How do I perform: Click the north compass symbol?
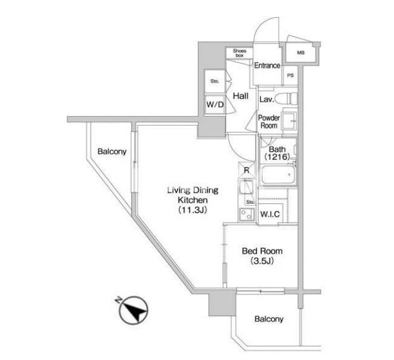[133, 310]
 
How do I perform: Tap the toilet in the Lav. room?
[286, 99]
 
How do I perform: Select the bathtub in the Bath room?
[278, 175]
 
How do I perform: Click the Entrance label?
[267, 65]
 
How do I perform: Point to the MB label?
[301, 53]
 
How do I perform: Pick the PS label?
[290, 76]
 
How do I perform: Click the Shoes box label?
[239, 53]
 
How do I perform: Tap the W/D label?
[215, 105]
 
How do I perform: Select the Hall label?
[240, 96]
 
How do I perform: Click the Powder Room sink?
[289, 121]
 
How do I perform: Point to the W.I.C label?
[270, 214]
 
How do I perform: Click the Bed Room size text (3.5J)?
[262, 261]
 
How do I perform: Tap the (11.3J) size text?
[193, 210]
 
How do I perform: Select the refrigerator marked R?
[247, 170]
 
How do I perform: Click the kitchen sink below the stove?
[246, 215]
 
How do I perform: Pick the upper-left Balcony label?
[112, 152]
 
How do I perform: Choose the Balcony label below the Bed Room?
[269, 319]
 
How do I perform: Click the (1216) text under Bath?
[277, 157]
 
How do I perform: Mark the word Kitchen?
[193, 200]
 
